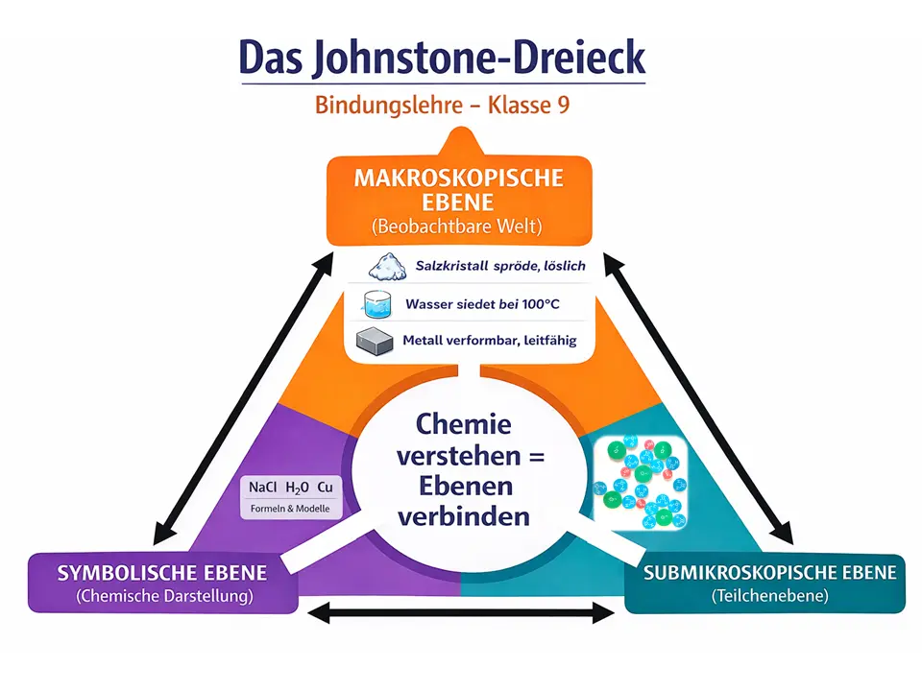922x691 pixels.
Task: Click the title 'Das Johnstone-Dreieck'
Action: tap(442, 58)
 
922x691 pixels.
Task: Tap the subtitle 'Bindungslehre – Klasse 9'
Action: tap(442, 105)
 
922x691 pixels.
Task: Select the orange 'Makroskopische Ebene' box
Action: tap(458, 201)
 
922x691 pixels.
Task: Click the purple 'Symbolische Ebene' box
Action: tap(161, 583)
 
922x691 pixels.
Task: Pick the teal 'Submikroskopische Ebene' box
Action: tap(764, 583)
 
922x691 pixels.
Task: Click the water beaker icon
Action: tap(379, 305)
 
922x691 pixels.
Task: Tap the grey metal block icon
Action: tap(376, 341)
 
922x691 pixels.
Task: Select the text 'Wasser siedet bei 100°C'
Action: tap(482, 304)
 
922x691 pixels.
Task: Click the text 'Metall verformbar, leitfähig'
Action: tap(490, 340)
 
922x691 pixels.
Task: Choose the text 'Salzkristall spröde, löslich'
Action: tap(499, 266)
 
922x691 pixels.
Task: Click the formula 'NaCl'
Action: tap(262, 487)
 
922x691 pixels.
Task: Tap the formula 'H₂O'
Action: tap(297, 487)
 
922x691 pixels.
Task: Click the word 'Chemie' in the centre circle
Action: tap(464, 423)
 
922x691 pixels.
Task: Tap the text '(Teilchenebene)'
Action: tap(764, 596)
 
